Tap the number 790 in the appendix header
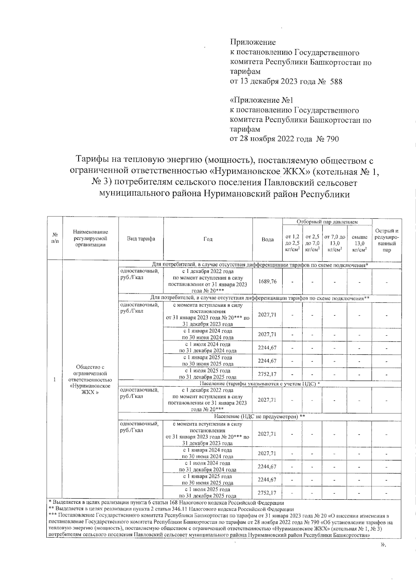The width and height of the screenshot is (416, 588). coord(331,139)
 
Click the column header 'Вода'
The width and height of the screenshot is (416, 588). coord(267,239)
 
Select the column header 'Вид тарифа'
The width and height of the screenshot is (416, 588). coord(141,239)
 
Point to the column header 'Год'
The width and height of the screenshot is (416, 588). coord(208,239)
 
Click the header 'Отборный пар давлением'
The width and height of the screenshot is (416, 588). coord(327,222)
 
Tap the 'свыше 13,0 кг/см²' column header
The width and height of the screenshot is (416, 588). coord(359,243)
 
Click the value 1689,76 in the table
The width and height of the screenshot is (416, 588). coord(267,282)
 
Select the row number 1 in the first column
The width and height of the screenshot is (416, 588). coord(55,380)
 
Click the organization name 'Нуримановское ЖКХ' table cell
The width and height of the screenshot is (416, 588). coord(90,380)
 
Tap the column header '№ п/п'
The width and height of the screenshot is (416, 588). coord(55,239)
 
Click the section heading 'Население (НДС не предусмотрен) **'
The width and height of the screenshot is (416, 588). coord(260,416)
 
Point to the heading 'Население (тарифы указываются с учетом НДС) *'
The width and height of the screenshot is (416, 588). coord(260,384)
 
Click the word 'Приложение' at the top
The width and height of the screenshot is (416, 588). coord(253,42)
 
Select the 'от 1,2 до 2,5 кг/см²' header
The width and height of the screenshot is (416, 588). coord(292,243)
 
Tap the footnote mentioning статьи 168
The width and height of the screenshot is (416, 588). coord(166,502)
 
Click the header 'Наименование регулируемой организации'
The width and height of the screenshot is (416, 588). coord(90,239)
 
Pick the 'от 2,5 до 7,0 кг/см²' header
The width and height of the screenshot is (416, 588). coord(312,243)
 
